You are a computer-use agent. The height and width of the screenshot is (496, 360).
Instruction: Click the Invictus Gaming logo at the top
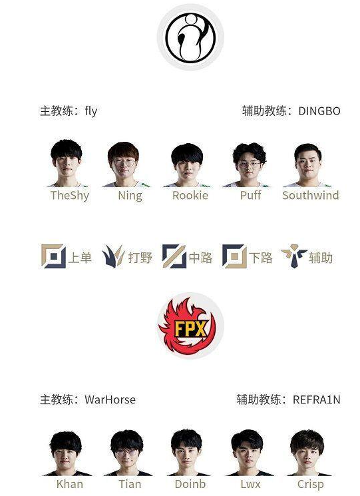coord(190,37)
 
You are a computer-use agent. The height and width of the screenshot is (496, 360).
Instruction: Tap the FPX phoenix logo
coord(190,326)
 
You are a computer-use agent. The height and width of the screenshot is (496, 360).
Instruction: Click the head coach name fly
coord(90,111)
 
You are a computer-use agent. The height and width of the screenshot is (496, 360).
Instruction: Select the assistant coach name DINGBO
coord(319,111)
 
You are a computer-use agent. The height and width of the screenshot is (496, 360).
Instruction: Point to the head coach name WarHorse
coord(110,399)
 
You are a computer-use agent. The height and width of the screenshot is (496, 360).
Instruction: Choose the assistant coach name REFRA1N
coord(316,399)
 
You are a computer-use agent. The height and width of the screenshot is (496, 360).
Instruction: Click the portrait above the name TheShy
coord(66,163)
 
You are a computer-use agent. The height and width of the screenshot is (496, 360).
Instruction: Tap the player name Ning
coord(130,196)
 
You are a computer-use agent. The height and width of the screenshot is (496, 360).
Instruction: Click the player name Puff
coord(251,195)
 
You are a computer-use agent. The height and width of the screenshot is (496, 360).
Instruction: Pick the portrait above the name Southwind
coord(307,165)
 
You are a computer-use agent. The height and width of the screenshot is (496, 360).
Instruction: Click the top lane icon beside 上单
coord(53,256)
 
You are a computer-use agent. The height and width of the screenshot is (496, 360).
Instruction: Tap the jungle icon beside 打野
coord(113,256)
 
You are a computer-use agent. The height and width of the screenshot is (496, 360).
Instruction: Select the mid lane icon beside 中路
coord(174,256)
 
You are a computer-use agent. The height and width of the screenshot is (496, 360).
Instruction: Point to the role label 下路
coord(260,258)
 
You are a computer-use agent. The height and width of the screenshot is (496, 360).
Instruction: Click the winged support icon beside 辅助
coord(294,256)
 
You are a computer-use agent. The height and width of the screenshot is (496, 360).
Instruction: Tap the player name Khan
coord(70,484)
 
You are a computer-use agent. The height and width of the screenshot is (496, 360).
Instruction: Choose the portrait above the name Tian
coord(127,453)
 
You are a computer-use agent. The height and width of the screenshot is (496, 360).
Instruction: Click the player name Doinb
coord(190,484)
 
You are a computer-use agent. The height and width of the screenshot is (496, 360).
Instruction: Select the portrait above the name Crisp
coord(307,453)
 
